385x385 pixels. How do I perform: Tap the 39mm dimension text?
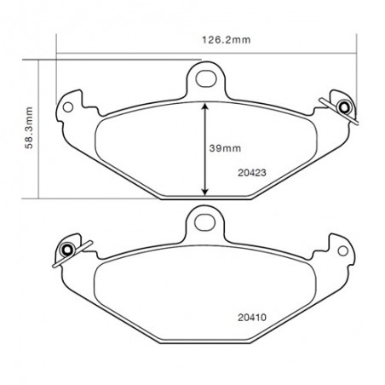[223, 147]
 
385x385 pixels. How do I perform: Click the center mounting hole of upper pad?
[205, 80]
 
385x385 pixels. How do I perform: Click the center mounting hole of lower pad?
[204, 222]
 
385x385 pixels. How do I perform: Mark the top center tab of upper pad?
[205, 72]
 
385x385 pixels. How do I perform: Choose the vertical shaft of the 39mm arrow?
[204, 149]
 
